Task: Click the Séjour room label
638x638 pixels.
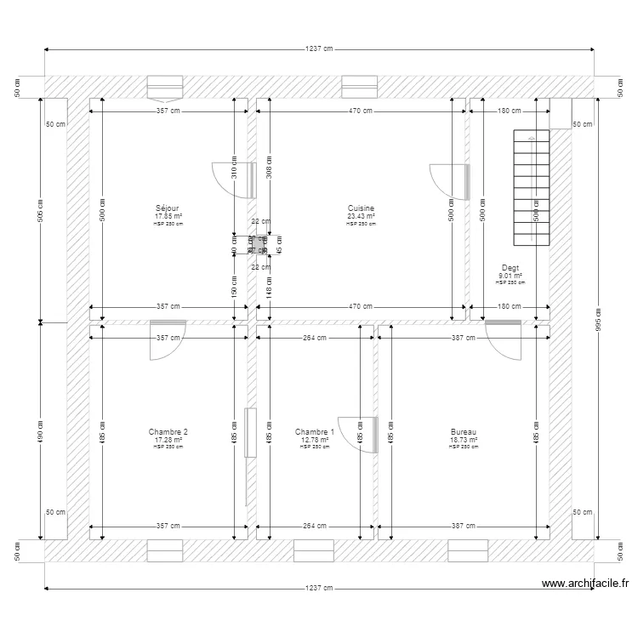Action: point(168,208)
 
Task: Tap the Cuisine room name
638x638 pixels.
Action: point(361,208)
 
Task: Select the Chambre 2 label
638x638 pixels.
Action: point(168,432)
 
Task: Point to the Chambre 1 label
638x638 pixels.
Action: point(315,432)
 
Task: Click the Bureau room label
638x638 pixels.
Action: point(464,432)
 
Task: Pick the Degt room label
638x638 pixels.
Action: point(510,268)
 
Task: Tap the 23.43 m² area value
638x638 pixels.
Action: point(361,216)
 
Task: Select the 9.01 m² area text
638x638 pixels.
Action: point(510,275)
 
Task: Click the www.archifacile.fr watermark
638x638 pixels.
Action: point(584,584)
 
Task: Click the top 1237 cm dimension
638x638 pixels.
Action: point(319,48)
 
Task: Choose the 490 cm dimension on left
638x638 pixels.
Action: point(39,430)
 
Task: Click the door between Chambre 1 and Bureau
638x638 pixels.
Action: point(358,435)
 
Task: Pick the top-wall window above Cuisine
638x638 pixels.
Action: point(359,86)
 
